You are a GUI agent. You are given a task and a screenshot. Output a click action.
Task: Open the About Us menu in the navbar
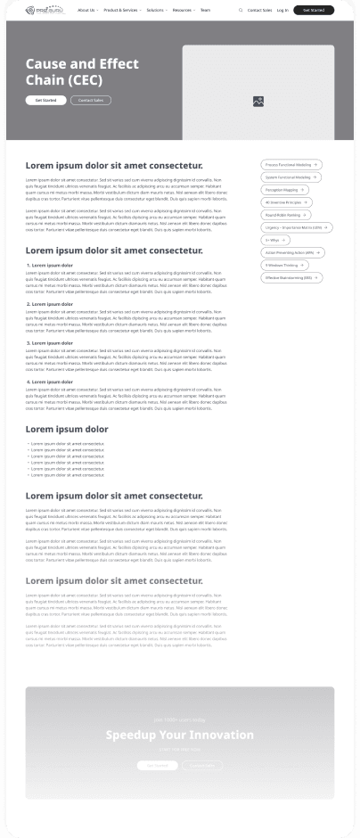[86, 10]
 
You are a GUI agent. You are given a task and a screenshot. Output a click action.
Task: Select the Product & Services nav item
[121, 10]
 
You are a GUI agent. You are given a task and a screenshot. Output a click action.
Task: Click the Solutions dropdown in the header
[156, 10]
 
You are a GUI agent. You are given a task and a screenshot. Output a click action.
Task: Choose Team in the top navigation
[206, 10]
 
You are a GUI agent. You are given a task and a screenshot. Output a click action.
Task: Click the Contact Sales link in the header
[259, 10]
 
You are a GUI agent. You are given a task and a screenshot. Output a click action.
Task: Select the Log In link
[282, 10]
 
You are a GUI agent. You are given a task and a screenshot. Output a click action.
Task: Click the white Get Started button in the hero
[45, 101]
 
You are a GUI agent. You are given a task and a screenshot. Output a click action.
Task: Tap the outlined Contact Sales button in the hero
[91, 101]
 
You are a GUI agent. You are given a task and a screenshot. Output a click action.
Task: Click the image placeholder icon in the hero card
[258, 102]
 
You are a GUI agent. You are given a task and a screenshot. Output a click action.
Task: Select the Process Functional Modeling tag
[291, 165]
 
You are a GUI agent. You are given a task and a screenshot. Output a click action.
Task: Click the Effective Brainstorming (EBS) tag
[291, 277]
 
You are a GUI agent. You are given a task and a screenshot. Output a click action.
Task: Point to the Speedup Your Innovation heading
[180, 735]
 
